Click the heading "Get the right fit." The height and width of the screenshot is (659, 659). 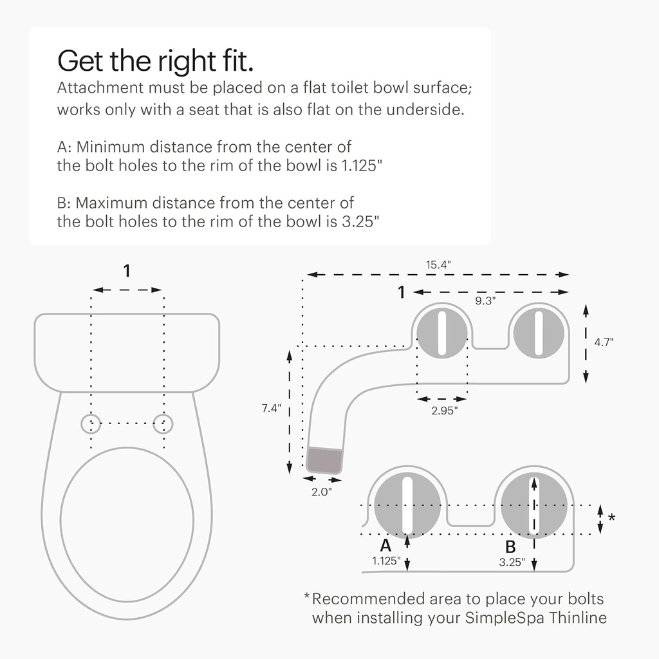(x=155, y=61)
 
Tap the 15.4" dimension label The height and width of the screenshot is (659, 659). (x=438, y=265)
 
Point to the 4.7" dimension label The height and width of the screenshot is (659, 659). (x=604, y=343)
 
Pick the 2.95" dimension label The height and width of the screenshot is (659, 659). (x=444, y=411)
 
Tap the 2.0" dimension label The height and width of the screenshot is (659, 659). (x=321, y=492)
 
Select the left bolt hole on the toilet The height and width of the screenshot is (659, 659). (x=91, y=423)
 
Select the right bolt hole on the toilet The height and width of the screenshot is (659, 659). (x=163, y=423)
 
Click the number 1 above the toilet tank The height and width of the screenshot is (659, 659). (x=127, y=272)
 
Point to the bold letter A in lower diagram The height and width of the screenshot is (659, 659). (x=385, y=546)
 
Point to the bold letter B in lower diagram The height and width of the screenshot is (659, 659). (x=510, y=547)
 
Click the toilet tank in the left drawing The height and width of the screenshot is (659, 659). (x=127, y=351)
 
